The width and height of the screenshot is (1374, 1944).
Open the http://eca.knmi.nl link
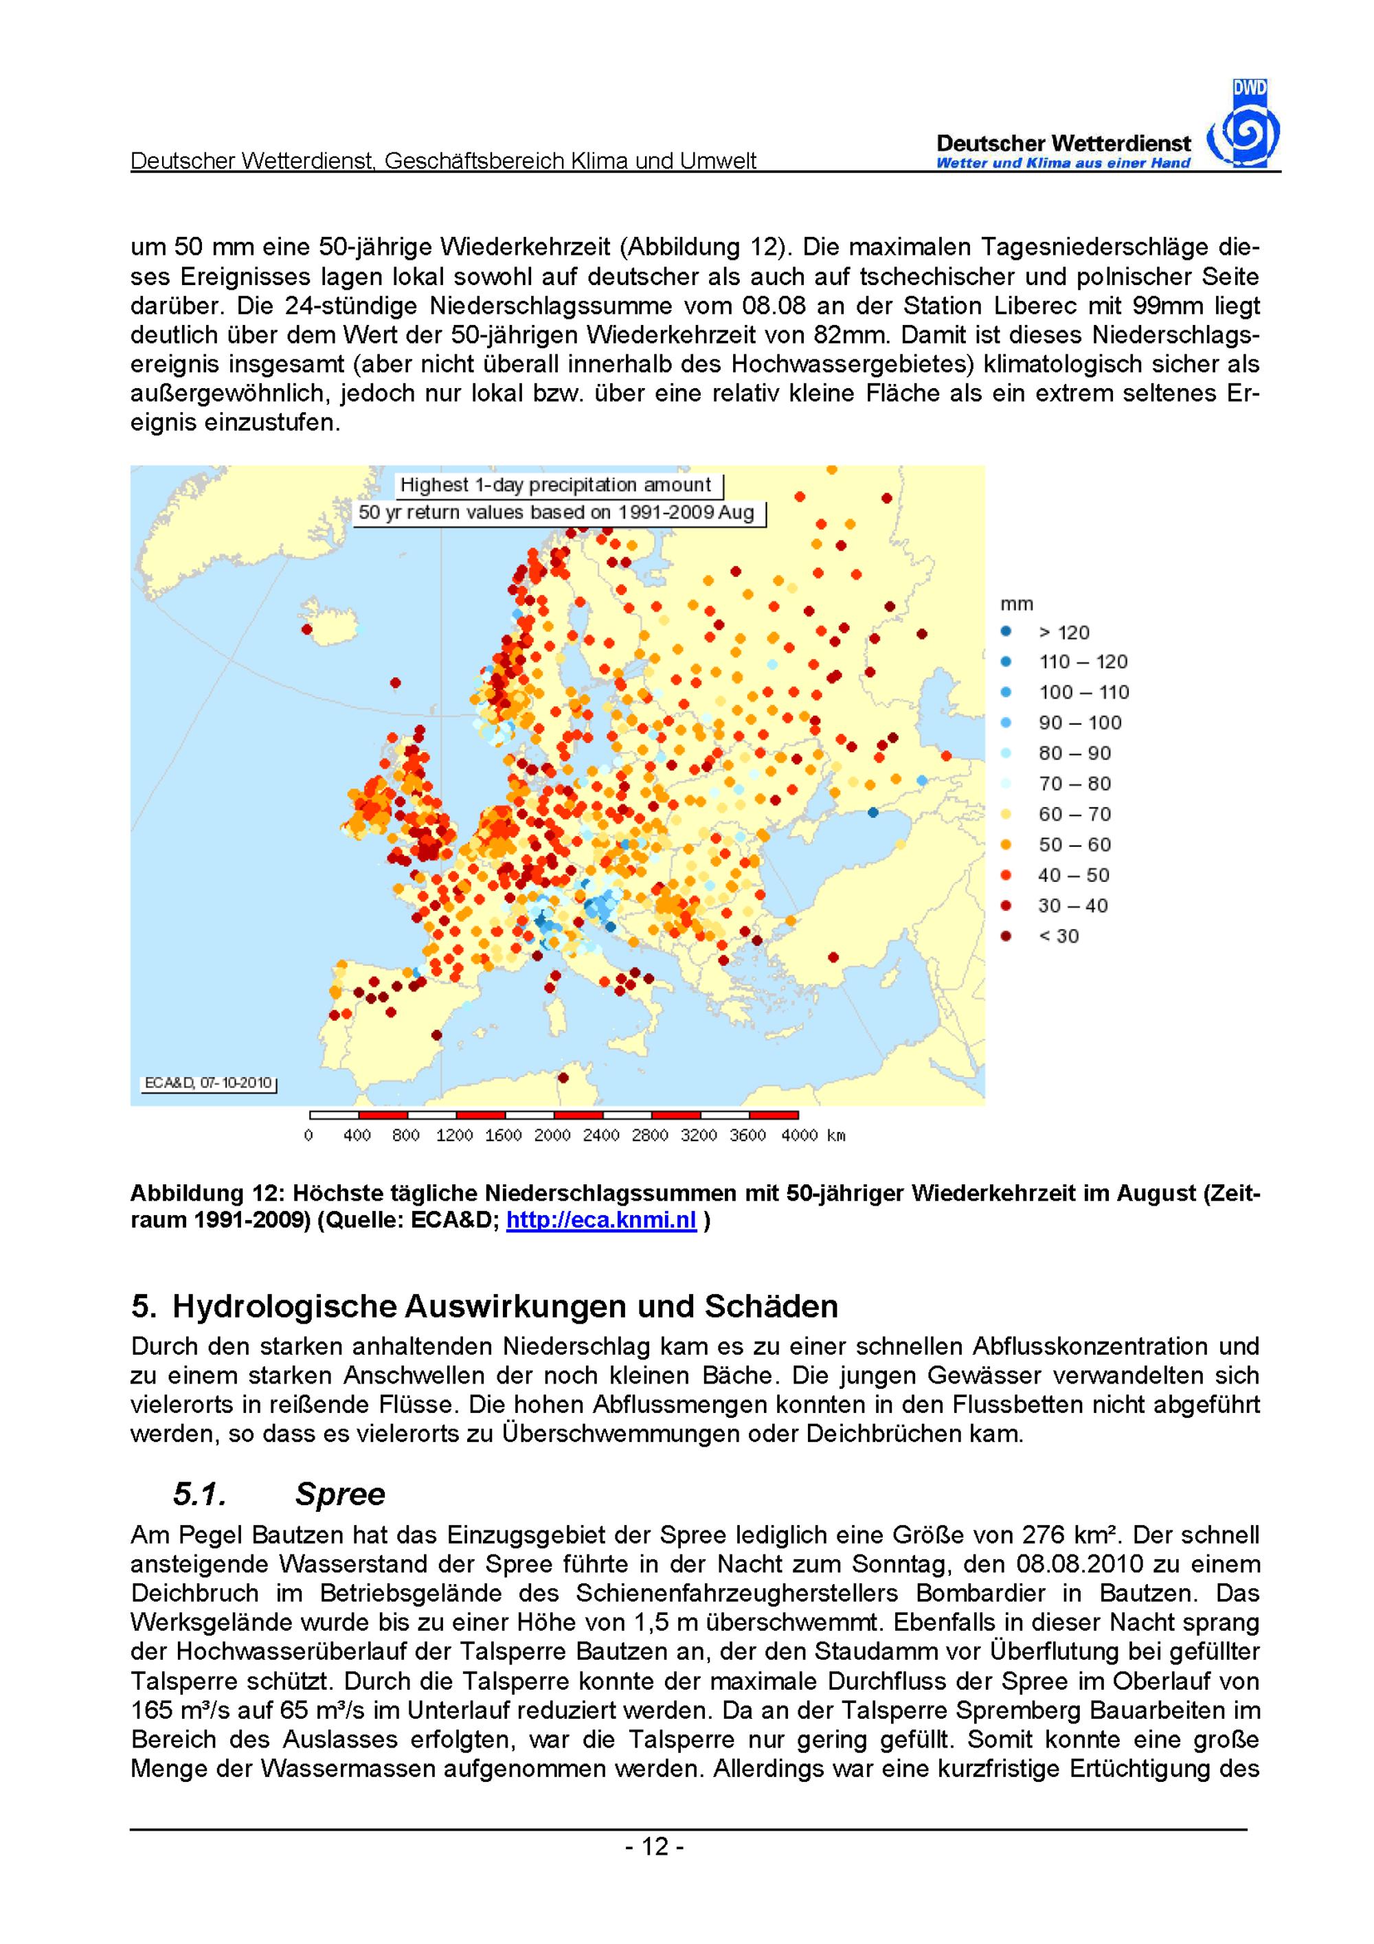tap(600, 1222)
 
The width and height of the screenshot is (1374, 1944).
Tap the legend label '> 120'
tap(1063, 633)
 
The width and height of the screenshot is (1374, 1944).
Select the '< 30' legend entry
tap(1058, 936)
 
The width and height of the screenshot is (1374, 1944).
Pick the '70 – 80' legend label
tap(1074, 784)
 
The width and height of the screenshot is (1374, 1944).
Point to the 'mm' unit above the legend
tap(1017, 604)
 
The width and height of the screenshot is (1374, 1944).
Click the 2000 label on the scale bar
tap(552, 1135)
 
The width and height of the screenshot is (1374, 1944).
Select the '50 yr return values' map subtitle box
tap(556, 512)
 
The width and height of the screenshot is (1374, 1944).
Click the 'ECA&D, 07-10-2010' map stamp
tap(208, 1083)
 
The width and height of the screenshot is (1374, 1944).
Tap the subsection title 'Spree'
tap(339, 1495)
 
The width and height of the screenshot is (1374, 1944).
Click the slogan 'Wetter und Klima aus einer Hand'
tap(1063, 163)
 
